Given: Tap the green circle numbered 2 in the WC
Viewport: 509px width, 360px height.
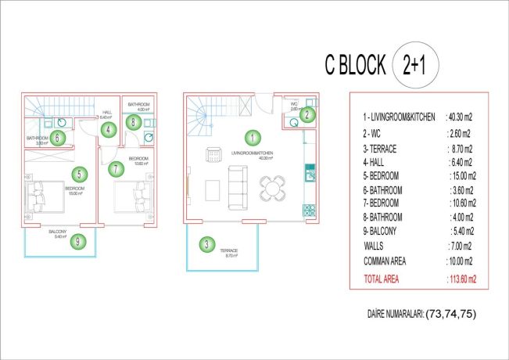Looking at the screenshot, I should point(307,115).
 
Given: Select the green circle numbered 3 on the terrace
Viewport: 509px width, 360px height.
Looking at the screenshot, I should point(206,245).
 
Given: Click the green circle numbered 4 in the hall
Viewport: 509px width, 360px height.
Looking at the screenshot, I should point(109,130).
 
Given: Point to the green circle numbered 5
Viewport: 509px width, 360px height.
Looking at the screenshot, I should point(78,175).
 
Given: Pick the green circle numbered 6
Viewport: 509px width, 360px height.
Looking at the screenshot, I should point(59,138).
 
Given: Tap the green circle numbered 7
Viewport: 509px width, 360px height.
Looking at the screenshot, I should point(115,167).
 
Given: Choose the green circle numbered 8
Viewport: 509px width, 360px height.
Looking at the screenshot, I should point(134,122).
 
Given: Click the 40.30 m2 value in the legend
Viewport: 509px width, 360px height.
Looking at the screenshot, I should point(458,117).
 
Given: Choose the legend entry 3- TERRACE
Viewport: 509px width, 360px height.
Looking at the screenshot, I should point(382,146).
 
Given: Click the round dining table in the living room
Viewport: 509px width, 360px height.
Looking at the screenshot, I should point(273,187).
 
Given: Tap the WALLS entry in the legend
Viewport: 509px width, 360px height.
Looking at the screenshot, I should point(375,246).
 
